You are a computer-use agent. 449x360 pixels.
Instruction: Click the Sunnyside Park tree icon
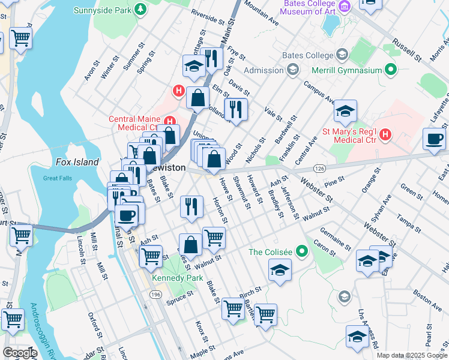[140, 10]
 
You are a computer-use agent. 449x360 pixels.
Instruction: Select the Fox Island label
[76, 162]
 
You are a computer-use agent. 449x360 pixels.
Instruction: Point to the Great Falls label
[58, 178]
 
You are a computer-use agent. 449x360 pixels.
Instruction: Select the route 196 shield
[155, 295]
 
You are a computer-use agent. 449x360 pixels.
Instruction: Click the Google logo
[20, 353]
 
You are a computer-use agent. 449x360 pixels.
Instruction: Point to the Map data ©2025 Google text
[412, 355]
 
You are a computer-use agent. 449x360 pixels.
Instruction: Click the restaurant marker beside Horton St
[191, 206]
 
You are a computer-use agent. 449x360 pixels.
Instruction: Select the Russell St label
[406, 50]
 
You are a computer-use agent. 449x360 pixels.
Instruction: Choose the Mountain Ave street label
[262, 13]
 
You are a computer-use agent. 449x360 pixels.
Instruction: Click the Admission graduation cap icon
[292, 70]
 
